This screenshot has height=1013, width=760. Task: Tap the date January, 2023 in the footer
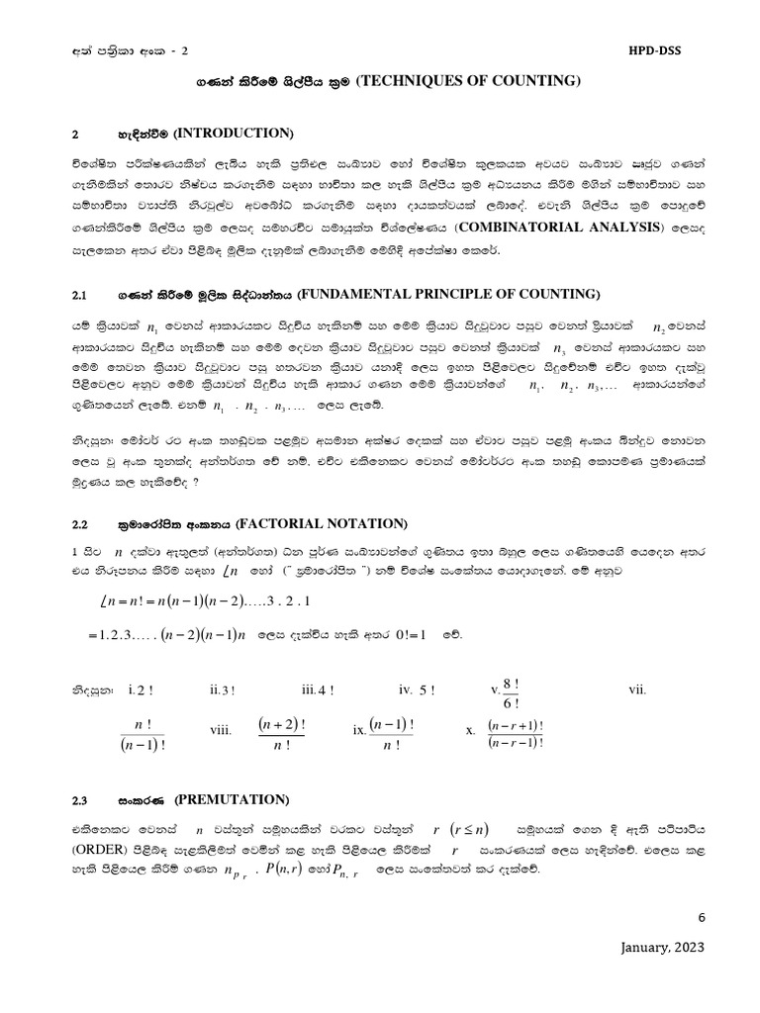tap(662, 947)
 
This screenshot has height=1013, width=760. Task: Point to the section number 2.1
tap(81, 295)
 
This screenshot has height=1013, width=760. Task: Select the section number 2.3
tap(81, 799)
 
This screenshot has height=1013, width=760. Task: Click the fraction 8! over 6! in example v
tap(512, 691)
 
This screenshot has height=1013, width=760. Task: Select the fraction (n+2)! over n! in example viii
tap(281, 734)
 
